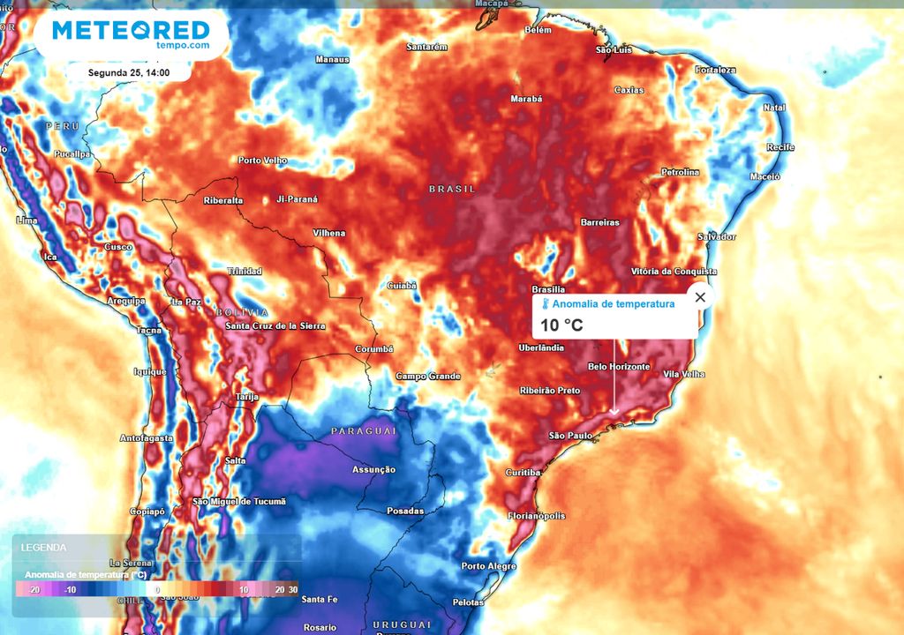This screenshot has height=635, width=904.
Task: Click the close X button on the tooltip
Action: click(700, 297)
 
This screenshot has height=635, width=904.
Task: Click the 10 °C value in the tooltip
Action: click(561, 325)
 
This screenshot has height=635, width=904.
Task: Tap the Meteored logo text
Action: click(131, 31)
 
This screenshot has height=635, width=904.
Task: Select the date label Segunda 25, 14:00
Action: click(129, 72)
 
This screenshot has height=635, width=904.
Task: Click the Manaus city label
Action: click(333, 59)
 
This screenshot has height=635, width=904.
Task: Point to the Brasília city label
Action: click(548, 289)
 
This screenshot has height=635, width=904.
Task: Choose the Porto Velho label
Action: click(263, 161)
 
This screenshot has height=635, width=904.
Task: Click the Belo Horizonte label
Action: click(619, 367)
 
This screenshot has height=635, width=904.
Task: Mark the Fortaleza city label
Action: click(715, 70)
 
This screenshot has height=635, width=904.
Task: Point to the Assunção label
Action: click(373, 469)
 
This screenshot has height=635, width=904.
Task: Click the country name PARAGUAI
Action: click(363, 430)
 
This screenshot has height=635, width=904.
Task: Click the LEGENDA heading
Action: click(44, 548)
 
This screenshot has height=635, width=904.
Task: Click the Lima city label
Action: click(26, 220)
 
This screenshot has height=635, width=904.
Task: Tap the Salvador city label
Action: click(716, 236)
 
